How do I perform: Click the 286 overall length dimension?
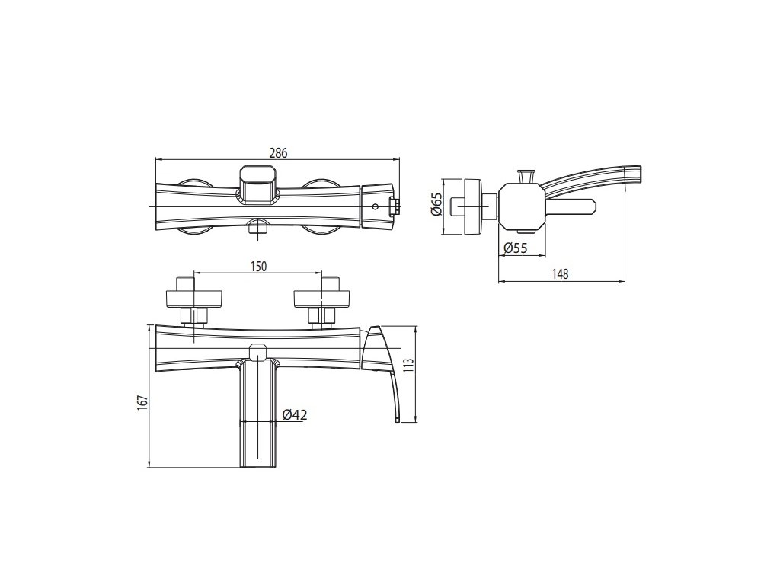pyautogui.click(x=278, y=152)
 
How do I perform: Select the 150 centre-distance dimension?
pyautogui.click(x=258, y=267)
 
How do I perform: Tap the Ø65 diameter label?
pyautogui.click(x=436, y=204)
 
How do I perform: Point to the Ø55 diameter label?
pyautogui.click(x=516, y=248)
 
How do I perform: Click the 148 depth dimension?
pyautogui.click(x=561, y=273)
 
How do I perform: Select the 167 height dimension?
pyautogui.click(x=142, y=403)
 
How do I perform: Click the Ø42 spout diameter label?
pyautogui.click(x=295, y=414)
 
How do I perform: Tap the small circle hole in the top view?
pyautogui.click(x=376, y=206)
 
